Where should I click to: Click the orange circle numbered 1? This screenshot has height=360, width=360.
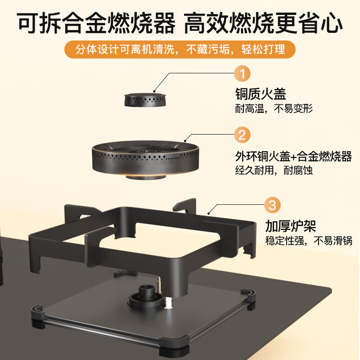(x=242, y=73)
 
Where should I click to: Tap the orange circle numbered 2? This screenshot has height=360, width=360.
(x=242, y=135)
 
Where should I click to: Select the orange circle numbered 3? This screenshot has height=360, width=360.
(x=272, y=205)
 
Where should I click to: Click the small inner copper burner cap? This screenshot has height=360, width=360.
(x=145, y=100)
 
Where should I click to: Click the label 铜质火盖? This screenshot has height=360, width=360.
(x=261, y=94)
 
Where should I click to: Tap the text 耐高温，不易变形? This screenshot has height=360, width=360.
(x=274, y=108)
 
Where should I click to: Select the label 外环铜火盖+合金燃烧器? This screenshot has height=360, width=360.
(x=293, y=156)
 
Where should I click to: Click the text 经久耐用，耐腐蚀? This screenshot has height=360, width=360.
(x=274, y=171)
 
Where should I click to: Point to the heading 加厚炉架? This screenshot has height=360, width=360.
(x=291, y=226)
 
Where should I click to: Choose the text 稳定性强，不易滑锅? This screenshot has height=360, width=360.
(x=309, y=241)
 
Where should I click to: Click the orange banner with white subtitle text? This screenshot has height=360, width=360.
(x=180, y=49)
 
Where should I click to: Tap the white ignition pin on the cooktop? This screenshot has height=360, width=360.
(x=168, y=302)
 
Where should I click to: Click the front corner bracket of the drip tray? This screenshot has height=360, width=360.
(x=174, y=346)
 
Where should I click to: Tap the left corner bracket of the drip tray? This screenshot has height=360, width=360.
(x=38, y=316)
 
